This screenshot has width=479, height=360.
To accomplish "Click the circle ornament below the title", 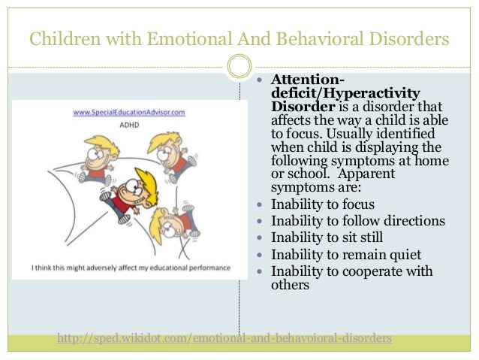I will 239,66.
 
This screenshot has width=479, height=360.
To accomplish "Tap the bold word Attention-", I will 308,80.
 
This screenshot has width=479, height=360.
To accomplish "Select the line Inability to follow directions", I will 357,221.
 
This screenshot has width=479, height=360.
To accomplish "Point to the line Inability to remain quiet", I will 346,254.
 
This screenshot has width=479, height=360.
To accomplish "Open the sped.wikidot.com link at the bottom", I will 224,338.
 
